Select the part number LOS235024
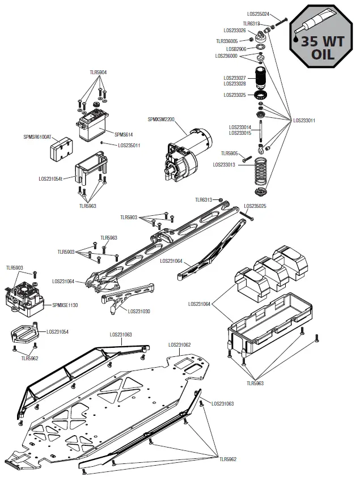(x=259, y=14)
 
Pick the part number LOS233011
(x=304, y=120)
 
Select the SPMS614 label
(x=124, y=134)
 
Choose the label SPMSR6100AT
(x=37, y=137)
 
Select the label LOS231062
(x=179, y=344)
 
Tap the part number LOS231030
(x=139, y=311)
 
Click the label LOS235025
(x=255, y=206)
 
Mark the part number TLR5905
(x=230, y=154)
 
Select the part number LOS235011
(x=129, y=145)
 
